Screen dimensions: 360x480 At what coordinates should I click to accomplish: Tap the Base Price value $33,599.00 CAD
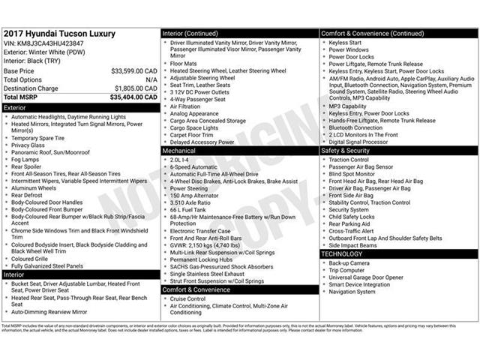[133, 70]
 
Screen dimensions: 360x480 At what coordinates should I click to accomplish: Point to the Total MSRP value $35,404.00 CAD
[133, 97]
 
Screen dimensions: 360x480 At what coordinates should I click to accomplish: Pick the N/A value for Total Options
[151, 79]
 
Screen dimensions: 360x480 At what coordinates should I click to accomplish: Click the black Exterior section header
[80, 107]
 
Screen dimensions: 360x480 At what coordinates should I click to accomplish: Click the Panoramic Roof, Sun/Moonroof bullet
[50, 152]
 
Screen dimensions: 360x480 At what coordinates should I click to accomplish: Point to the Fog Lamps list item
[25, 160]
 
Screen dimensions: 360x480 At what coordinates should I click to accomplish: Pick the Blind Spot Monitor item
[352, 174]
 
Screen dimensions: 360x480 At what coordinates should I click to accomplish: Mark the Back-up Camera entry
[349, 263]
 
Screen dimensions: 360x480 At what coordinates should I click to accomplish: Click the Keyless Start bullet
[345, 43]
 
